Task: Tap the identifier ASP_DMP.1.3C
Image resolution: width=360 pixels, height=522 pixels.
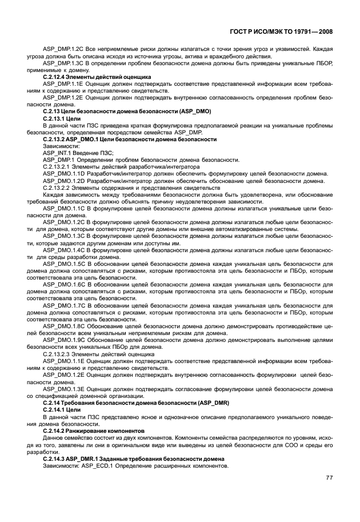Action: (62, 64)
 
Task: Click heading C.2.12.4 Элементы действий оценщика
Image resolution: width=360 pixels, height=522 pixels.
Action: (97, 77)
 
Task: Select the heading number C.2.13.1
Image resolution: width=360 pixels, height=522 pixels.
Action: (54, 118)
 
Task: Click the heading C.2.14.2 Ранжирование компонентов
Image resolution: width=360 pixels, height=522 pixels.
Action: (94, 430)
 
